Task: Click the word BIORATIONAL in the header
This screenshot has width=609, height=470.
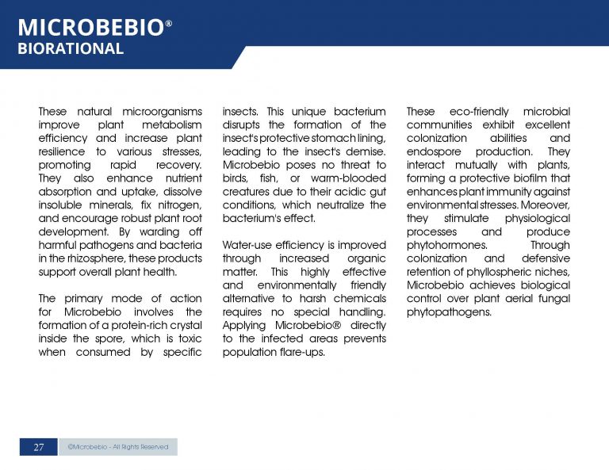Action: click(x=71, y=49)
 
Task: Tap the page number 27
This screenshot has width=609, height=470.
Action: click(x=38, y=447)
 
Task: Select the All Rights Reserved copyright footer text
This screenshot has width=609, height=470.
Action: click(x=118, y=447)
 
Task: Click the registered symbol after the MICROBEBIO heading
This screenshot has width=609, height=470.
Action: click(x=168, y=25)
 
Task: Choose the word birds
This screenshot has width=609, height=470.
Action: click(x=236, y=178)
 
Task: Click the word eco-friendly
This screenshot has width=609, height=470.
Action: click(x=480, y=112)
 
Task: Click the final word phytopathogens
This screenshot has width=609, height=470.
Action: click(x=449, y=312)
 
